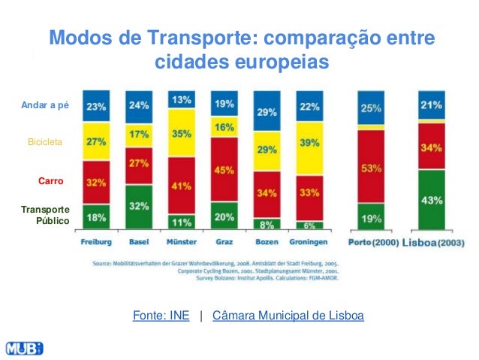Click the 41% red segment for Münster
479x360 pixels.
(181, 185)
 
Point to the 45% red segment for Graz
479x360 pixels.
(224, 170)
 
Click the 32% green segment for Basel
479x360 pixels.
(138, 205)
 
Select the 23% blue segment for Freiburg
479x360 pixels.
(95, 107)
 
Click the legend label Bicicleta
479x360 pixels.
(45, 141)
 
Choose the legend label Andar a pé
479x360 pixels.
(45, 105)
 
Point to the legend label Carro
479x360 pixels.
(50, 181)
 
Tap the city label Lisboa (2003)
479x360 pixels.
(433, 243)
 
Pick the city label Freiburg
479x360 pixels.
(96, 243)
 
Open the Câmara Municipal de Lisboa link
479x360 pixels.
(288, 316)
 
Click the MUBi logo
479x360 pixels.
(24, 348)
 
